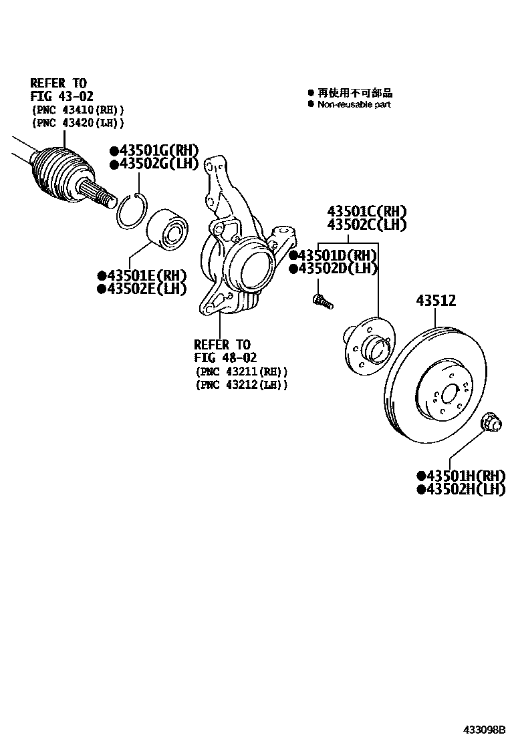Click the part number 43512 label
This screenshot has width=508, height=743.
(436, 301)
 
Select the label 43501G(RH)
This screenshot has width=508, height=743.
(154, 151)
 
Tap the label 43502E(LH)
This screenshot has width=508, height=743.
(142, 289)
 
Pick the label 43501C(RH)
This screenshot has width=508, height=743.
(366, 211)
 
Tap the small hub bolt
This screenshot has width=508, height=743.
(322, 301)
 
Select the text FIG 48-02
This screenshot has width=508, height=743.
(225, 358)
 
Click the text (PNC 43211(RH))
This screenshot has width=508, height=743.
(241, 371)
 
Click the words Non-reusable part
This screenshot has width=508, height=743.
(354, 105)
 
